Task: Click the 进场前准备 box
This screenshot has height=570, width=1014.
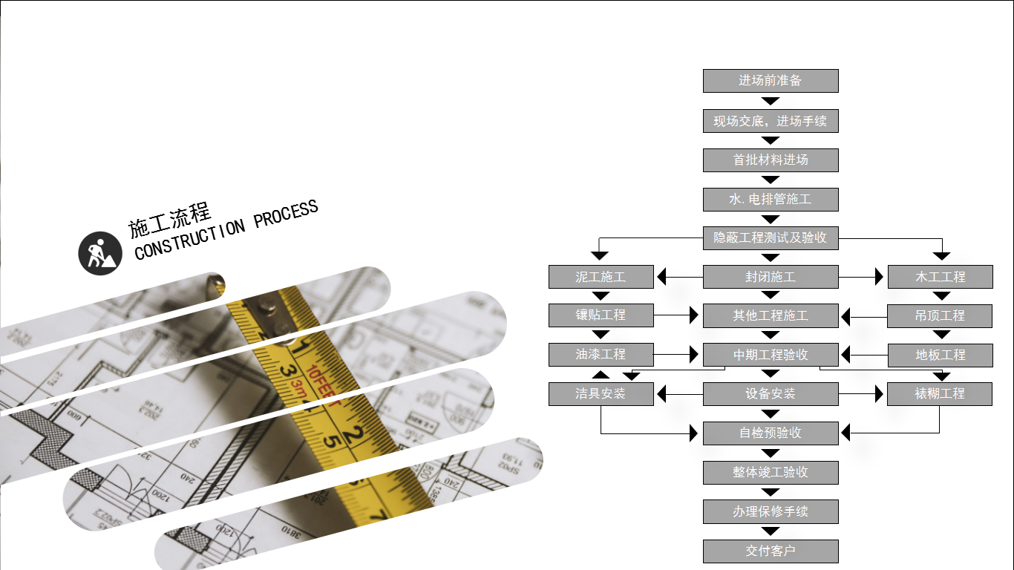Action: [x=771, y=81]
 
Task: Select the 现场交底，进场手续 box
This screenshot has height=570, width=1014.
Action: [x=771, y=121]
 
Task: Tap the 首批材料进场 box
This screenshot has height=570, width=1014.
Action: [x=771, y=160]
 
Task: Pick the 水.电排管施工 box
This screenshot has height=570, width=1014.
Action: [x=771, y=200]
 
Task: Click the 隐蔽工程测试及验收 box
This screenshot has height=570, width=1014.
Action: [x=771, y=238]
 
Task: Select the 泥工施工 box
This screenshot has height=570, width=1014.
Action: [x=601, y=277]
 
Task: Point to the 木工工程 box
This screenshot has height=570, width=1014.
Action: [x=940, y=277]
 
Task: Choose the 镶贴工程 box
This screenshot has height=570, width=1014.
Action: [x=601, y=315]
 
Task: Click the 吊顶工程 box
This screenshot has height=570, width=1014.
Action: [x=940, y=315]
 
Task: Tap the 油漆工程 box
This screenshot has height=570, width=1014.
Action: [x=601, y=355]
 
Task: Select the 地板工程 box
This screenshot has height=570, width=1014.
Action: [x=940, y=355]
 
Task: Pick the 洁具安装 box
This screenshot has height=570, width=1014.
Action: [x=601, y=394]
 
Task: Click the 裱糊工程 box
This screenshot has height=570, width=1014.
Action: [x=940, y=394]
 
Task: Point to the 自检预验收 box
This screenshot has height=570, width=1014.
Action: [x=771, y=433]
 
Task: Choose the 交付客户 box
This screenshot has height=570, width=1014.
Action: [x=771, y=551]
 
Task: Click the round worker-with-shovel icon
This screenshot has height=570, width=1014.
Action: [x=100, y=253]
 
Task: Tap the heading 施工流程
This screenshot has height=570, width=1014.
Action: [x=170, y=217]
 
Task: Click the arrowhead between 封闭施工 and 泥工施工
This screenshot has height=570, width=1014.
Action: [x=662, y=277]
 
